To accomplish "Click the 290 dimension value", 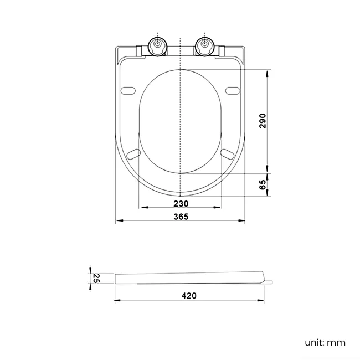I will [263, 121].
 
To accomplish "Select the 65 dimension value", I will [263, 184].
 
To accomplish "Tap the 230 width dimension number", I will [181, 203].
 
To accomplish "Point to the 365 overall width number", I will [181, 217].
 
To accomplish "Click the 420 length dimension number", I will [189, 296].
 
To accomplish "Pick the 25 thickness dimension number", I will [96, 277].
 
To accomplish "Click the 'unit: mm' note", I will [325, 342].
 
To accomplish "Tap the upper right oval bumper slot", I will [234, 90].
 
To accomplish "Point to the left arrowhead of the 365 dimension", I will [118, 222].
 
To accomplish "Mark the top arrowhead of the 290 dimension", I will [268, 72].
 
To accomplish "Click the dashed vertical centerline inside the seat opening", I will [181, 122].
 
